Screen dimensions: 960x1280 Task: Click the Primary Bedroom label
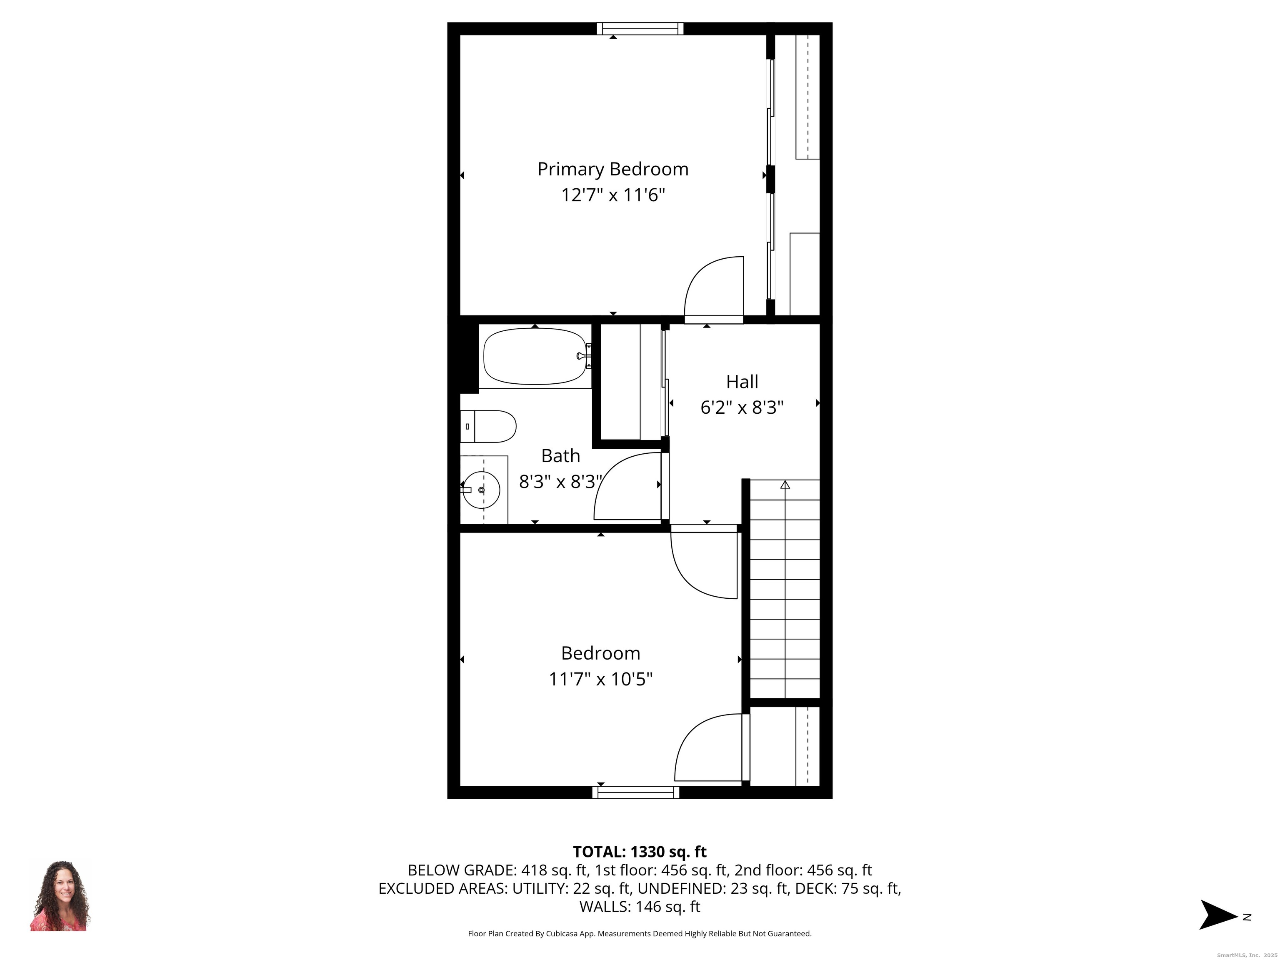613,169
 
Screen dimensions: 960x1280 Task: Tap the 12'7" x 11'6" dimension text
613,195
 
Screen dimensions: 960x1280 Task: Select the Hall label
742,382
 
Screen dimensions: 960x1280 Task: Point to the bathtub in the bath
535,356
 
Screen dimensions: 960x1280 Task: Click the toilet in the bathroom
489,427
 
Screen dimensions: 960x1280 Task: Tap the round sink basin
481,490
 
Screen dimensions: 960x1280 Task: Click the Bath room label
560,456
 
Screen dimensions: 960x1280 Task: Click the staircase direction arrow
785,485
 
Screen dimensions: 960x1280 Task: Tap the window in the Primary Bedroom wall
640,28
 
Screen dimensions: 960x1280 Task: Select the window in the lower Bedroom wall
635,792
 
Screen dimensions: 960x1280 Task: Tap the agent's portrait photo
60,896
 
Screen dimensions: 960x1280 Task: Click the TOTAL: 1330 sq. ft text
640,852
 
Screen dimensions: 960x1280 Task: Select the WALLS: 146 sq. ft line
640,907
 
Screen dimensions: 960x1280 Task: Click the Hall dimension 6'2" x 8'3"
742,408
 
